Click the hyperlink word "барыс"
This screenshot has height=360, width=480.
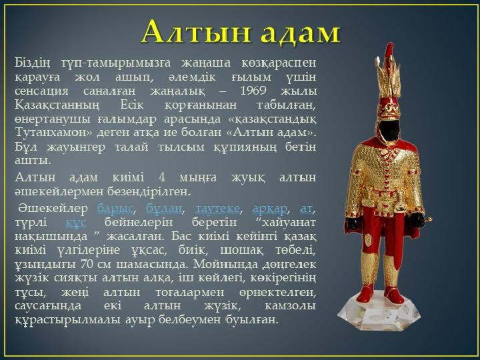(x=115, y=209)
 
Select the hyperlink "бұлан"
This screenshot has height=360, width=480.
(x=164, y=209)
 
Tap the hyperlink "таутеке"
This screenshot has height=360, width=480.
(x=217, y=209)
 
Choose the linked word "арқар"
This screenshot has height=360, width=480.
(x=270, y=209)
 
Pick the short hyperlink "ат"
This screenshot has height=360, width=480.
(x=306, y=209)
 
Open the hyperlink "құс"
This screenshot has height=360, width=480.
(x=75, y=222)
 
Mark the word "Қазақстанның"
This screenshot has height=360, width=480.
(x=57, y=105)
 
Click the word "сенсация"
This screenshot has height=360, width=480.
(x=41, y=91)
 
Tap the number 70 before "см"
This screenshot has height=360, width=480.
(x=87, y=264)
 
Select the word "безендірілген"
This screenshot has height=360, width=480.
(x=149, y=192)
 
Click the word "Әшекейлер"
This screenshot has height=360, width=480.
(x=53, y=208)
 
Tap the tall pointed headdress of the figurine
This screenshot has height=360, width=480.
(x=388, y=81)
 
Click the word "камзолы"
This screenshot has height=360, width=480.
(x=290, y=306)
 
